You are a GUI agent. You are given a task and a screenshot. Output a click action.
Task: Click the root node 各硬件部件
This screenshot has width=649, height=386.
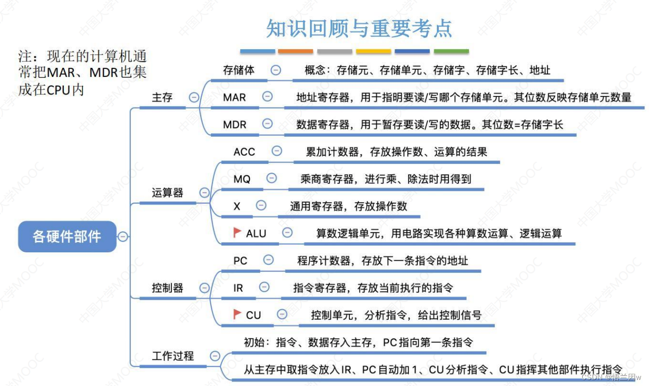[67, 236]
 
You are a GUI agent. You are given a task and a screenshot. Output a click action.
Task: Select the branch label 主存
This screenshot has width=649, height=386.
[162, 98]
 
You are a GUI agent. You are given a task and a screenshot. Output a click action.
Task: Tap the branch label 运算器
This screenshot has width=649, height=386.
[167, 192]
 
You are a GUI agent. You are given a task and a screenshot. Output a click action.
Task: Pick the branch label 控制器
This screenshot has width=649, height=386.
[167, 288]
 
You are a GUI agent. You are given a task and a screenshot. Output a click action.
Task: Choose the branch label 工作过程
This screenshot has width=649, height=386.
[172, 356]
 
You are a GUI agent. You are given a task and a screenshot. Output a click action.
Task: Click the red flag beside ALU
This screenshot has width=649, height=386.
[237, 232]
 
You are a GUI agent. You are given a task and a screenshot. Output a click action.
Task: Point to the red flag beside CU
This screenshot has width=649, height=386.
[237, 314]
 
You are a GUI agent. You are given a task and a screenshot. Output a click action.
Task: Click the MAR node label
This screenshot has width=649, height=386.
[235, 97]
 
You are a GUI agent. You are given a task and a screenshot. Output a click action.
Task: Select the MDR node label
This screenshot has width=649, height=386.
[235, 124]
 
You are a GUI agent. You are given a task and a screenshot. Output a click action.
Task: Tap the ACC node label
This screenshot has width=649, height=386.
[244, 151]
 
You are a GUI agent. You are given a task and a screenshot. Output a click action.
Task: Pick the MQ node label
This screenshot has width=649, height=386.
[242, 178]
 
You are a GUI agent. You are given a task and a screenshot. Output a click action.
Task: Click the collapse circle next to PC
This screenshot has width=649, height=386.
[268, 260]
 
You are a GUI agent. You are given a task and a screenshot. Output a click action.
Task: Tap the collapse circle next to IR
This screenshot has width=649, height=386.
[264, 287]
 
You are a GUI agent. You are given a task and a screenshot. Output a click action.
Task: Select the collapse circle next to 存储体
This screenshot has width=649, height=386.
[275, 70]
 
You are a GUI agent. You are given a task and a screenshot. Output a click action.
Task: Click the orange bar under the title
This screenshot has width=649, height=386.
[296, 51]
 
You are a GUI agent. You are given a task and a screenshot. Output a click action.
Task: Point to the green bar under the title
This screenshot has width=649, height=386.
[451, 51]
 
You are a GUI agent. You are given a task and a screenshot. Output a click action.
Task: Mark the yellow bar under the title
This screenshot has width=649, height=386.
[374, 51]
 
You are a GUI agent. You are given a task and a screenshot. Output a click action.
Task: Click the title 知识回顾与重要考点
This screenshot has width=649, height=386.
[359, 29]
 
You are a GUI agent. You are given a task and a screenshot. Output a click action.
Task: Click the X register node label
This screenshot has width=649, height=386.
[237, 206]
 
